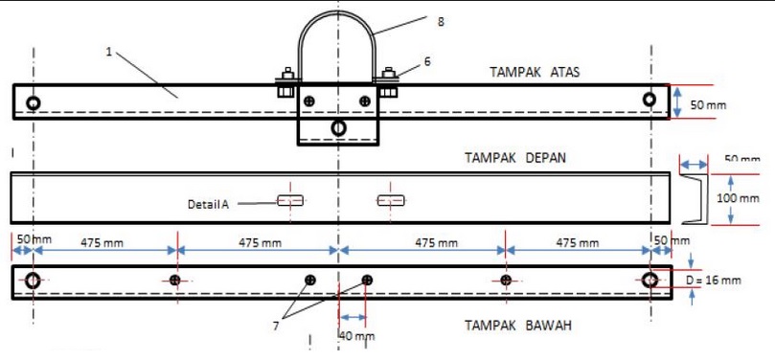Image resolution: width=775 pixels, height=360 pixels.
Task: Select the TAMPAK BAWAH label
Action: pyautogui.click(x=519, y=326)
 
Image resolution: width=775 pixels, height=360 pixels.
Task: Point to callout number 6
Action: pyautogui.click(x=426, y=60)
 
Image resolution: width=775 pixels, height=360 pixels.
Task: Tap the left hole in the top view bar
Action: pyautogui.click(x=34, y=102)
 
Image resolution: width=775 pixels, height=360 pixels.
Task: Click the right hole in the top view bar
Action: pyautogui.click(x=650, y=99)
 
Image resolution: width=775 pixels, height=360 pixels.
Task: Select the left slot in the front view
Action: pyautogui.click(x=289, y=200)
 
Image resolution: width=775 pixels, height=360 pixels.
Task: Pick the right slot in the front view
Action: pyautogui.click(x=391, y=200)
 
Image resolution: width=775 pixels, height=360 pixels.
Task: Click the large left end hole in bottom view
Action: pyautogui.click(x=34, y=281)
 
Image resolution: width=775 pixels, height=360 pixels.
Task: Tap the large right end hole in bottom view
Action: pyautogui.click(x=650, y=280)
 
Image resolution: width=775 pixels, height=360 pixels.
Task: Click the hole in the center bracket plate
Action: pyautogui.click(x=337, y=127)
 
